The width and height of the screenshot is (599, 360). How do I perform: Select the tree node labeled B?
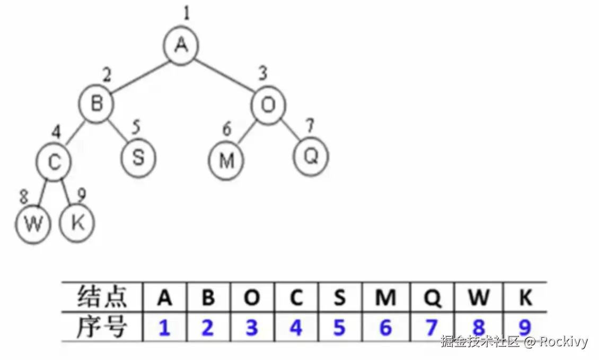click(x=96, y=103)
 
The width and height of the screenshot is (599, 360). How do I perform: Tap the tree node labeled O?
click(x=269, y=106)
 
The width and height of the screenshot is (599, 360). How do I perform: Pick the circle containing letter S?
click(x=138, y=158)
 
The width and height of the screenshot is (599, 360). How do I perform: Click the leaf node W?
click(x=33, y=225)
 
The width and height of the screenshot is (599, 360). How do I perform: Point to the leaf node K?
click(x=77, y=223)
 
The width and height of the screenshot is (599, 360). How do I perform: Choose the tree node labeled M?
click(x=226, y=160)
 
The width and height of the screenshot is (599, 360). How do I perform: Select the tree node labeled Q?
click(x=311, y=156)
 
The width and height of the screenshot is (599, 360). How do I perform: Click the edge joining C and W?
click(x=44, y=193)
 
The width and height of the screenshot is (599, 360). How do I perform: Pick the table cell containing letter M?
click(x=385, y=298)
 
